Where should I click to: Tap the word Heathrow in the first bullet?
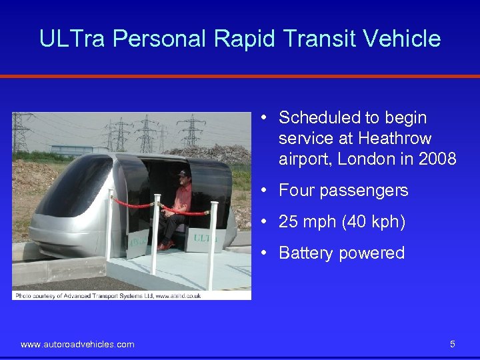(x=395, y=139)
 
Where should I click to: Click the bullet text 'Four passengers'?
(x=343, y=191)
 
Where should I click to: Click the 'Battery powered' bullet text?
(x=341, y=253)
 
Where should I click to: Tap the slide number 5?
(x=453, y=344)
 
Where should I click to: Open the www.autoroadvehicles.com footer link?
(x=77, y=344)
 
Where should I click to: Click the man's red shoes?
(x=164, y=246)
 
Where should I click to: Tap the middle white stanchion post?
(x=157, y=233)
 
